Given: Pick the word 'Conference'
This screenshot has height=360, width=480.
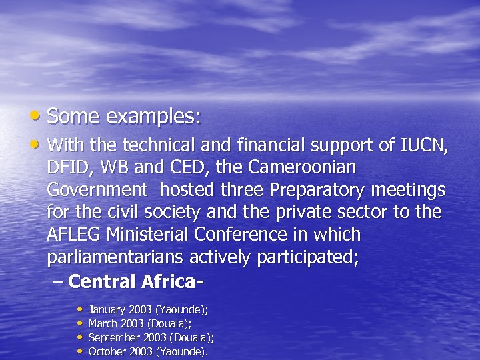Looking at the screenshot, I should (x=250, y=235).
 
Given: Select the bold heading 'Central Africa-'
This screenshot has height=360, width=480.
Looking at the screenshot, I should (x=135, y=282).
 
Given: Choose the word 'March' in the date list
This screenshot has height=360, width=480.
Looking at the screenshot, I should (x=101, y=323).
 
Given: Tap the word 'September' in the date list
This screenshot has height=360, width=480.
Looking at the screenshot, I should (x=112, y=337).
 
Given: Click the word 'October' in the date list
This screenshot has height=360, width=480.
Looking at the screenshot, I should (x=107, y=351).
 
